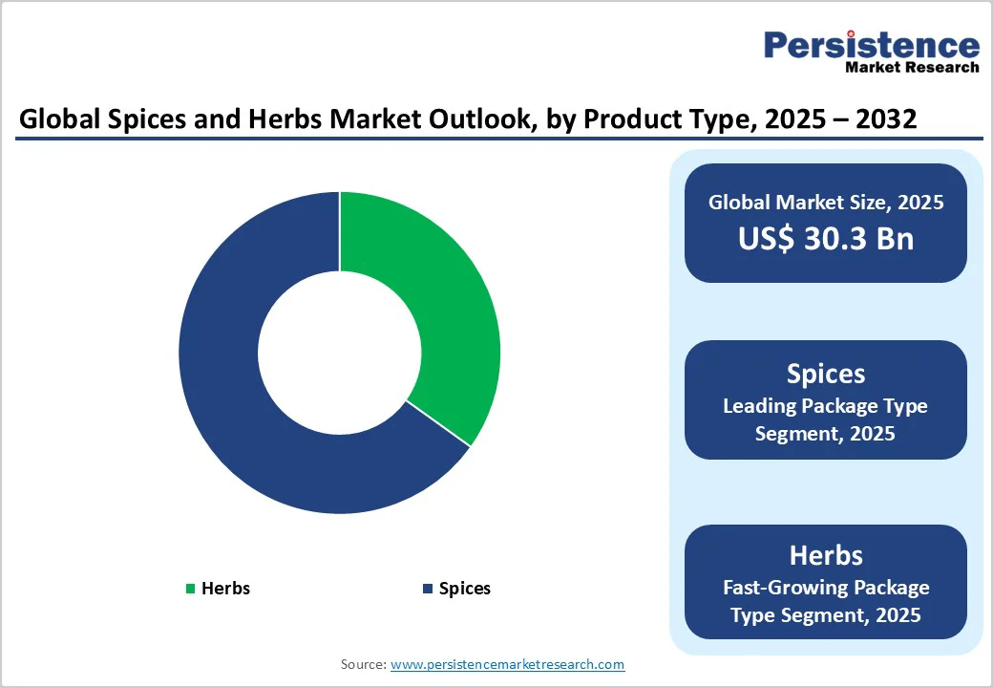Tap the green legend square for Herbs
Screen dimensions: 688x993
click(190, 589)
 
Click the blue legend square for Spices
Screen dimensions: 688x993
click(428, 589)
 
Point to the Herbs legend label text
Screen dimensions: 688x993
click(225, 589)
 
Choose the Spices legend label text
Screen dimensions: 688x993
click(465, 589)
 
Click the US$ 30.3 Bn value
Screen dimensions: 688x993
click(826, 239)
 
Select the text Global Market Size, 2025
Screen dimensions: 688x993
click(826, 203)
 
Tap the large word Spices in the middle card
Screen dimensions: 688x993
click(826, 374)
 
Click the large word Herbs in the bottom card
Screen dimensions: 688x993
click(826, 555)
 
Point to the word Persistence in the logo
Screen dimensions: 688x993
click(872, 45)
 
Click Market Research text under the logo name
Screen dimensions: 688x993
click(912, 67)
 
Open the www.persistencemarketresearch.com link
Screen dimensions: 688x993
click(508, 664)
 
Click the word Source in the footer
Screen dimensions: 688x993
click(363, 664)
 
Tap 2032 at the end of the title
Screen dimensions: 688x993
click(886, 119)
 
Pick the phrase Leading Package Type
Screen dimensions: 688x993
click(826, 406)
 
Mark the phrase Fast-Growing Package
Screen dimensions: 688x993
click(826, 587)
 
